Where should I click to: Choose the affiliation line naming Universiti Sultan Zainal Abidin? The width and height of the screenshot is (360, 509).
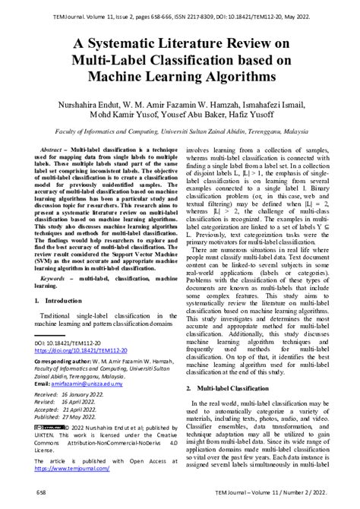pyautogui.click(x=180, y=131)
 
